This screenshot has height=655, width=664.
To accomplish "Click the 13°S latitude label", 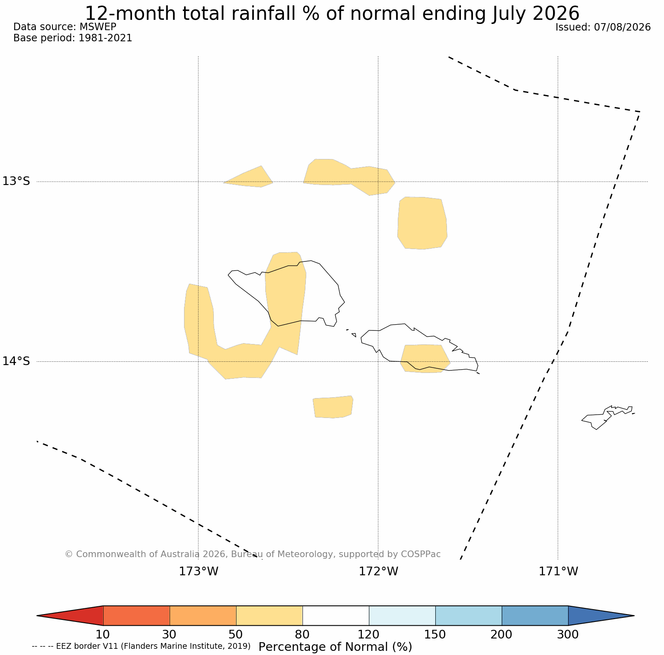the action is (x=17, y=181).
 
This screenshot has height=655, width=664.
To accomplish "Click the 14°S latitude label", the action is (x=17, y=361).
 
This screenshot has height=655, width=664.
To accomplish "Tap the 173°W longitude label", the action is (x=198, y=572).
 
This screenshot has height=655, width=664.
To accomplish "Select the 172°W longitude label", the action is (x=378, y=572).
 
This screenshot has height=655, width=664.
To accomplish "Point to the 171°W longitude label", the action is (x=558, y=572).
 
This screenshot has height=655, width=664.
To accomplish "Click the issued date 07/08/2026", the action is (x=622, y=27).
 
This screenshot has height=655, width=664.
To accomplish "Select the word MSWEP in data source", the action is (x=98, y=27).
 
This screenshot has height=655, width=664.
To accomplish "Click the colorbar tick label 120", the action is (x=369, y=634).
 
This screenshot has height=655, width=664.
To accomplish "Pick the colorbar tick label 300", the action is (x=568, y=634).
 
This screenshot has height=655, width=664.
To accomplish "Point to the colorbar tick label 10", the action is (x=103, y=634).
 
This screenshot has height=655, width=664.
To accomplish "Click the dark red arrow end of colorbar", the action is (x=70, y=616).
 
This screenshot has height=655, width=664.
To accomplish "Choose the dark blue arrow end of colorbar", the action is (x=601, y=616).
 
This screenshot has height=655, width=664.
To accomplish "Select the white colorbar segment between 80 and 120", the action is (x=336, y=616).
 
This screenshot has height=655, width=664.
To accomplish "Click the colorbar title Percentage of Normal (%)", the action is (x=335, y=647).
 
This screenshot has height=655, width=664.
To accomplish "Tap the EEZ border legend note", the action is (x=141, y=646).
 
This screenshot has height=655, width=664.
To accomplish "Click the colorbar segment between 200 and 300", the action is (x=535, y=616).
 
